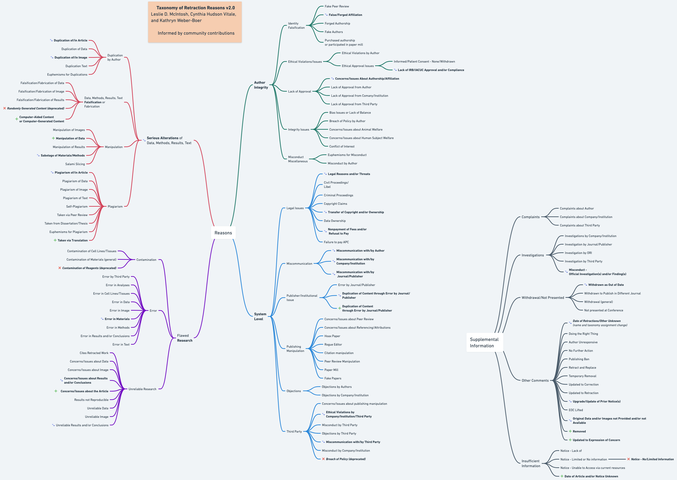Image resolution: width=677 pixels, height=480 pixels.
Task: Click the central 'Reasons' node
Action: pyautogui.click(x=223, y=233)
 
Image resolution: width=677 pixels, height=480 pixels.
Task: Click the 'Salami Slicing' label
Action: pyautogui.click(x=75, y=164)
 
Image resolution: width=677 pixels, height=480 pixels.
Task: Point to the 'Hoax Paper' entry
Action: pyautogui.click(x=332, y=336)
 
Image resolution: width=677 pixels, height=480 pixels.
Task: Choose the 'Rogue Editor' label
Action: pyautogui.click(x=333, y=345)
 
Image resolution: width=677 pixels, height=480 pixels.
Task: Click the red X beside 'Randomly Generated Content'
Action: pyautogui.click(x=4, y=108)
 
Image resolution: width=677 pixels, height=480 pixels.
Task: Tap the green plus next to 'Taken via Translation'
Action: pyautogui.click(x=55, y=240)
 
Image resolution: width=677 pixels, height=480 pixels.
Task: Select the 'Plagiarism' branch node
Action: pyautogui.click(x=115, y=207)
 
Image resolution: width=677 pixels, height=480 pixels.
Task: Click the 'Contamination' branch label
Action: pyautogui.click(x=146, y=260)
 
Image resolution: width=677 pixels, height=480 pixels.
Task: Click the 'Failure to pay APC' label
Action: pyautogui.click(x=336, y=242)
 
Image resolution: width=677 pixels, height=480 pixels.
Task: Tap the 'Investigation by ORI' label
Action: pyautogui.click(x=578, y=253)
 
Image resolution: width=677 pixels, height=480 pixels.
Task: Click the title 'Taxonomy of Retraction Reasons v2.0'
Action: pyautogui.click(x=196, y=8)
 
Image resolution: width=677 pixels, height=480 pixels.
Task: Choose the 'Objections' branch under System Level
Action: pyautogui.click(x=293, y=391)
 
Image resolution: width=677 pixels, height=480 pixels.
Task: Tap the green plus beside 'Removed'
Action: pyautogui.click(x=570, y=431)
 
